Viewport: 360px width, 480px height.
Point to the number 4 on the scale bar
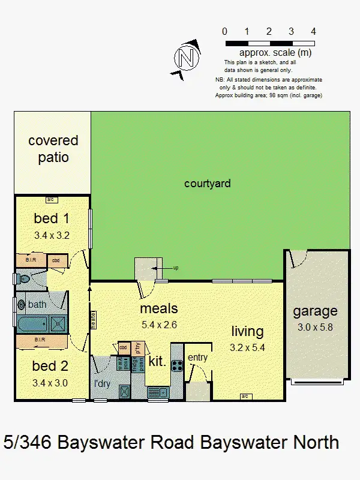pyautogui.click(x=314, y=31)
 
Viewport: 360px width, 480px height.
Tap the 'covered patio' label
pyautogui.click(x=53, y=149)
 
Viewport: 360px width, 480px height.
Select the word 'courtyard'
pyautogui.click(x=207, y=184)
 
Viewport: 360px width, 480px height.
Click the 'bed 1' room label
pyautogui.click(x=51, y=219)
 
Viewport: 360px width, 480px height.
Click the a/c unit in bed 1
pyautogui.click(x=51, y=199)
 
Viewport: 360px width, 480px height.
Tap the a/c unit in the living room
pyautogui.click(x=245, y=396)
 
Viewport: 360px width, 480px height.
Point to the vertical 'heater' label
pyautogui.click(x=94, y=319)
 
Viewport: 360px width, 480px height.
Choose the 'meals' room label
pyautogui.click(x=159, y=309)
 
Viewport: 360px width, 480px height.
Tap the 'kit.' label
pyautogui.click(x=157, y=361)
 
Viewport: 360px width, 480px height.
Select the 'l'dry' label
pyautogui.click(x=101, y=383)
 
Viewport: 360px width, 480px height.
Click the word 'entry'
pyautogui.click(x=197, y=358)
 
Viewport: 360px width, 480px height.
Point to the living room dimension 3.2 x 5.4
pyautogui.click(x=247, y=346)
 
